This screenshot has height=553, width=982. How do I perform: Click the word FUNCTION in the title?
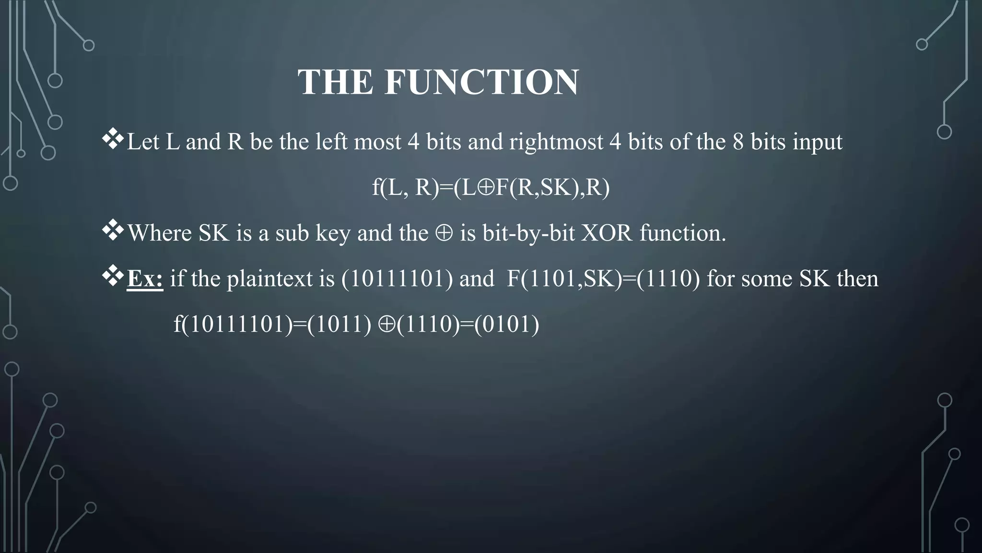tap(481, 82)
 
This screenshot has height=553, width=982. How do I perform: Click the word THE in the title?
tap(335, 82)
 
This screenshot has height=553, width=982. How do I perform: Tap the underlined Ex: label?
tap(145, 279)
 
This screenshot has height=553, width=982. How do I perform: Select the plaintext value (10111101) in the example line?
tap(397, 279)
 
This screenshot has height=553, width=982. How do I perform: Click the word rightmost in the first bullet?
tap(556, 142)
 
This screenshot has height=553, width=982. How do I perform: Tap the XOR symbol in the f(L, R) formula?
tap(486, 188)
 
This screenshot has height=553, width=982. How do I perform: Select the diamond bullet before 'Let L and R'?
tap(113, 140)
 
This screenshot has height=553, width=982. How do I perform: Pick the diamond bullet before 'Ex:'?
tap(113, 277)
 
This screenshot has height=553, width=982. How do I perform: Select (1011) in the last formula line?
tap(339, 325)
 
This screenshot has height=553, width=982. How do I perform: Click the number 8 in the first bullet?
tap(738, 142)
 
